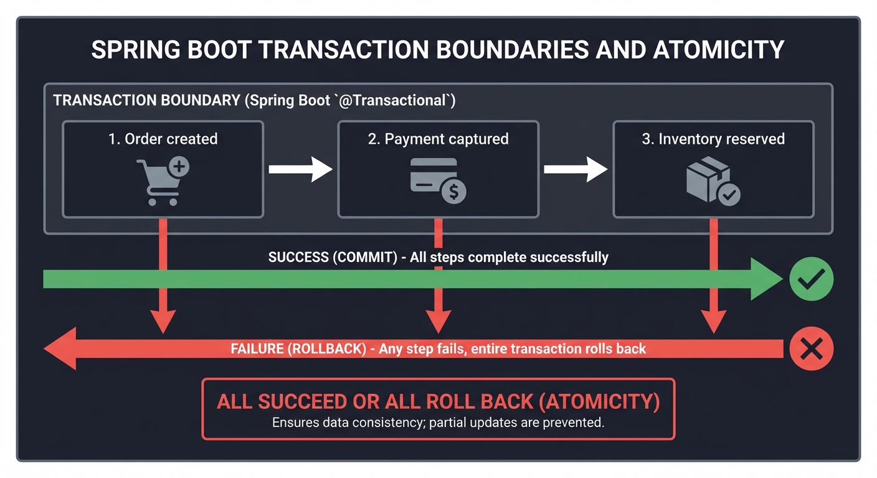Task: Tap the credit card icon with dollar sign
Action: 438,180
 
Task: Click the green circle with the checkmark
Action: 811,279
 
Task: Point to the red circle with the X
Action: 811,349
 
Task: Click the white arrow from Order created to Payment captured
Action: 300,169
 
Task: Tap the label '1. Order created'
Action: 163,139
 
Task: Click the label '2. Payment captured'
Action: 438,139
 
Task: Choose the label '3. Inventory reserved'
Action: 713,139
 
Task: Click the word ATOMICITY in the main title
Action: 718,50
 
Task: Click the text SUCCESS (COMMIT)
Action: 333,257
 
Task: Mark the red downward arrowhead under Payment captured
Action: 438,321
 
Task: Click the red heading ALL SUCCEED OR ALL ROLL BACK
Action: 438,401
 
